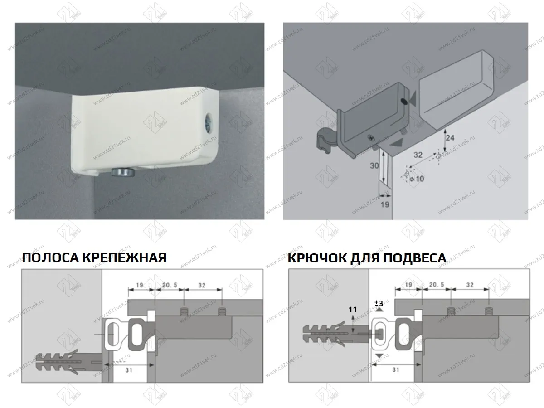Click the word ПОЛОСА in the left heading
pyautogui.click(x=50, y=258)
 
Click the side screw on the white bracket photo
pyautogui.click(x=209, y=123)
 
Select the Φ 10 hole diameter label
pyautogui.click(x=417, y=178)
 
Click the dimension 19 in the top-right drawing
pyautogui.click(x=385, y=204)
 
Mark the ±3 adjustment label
pyautogui.click(x=378, y=303)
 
